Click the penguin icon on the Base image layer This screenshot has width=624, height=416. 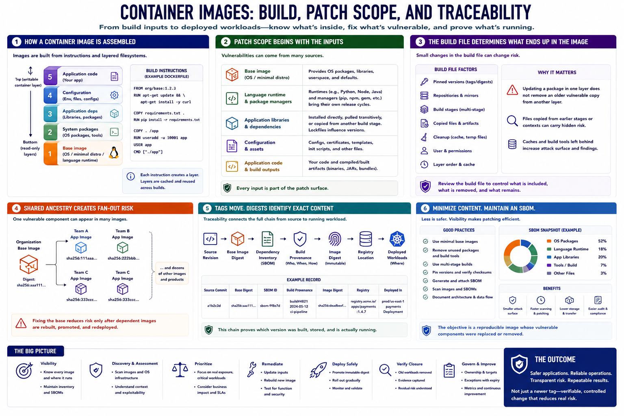pyautogui.click(x=114, y=153)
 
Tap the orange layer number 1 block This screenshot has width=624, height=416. pyautogui.click(x=50, y=154)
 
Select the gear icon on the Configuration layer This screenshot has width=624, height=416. pyautogui.click(x=114, y=95)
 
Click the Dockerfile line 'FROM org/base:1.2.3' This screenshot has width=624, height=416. pyautogui.click(x=155, y=88)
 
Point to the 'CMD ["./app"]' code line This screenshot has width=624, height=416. pyautogui.click(x=148, y=152)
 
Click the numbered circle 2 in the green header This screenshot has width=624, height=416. pyautogui.click(x=225, y=42)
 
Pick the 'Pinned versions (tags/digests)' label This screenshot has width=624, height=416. pyautogui.click(x=463, y=82)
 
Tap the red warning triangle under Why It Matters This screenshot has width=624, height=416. pyautogui.click(x=512, y=90)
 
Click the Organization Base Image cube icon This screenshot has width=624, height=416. pyautogui.click(x=29, y=264)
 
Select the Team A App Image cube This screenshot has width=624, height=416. pyautogui.click(x=81, y=247)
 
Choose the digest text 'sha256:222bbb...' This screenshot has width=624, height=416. pyautogui.click(x=123, y=258)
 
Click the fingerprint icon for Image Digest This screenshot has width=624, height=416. pyautogui.click(x=335, y=239)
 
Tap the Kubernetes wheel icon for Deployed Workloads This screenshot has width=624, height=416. pyautogui.click(x=397, y=239)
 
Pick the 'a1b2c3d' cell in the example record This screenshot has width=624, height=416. pyautogui.click(x=214, y=305)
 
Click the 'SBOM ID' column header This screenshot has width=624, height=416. pyautogui.click(x=270, y=290)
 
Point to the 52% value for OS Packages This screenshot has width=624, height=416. pyautogui.click(x=602, y=241)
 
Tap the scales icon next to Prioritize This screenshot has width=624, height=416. pyautogui.click(x=180, y=370)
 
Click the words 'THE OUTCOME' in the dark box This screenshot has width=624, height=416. pyautogui.click(x=555, y=360)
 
